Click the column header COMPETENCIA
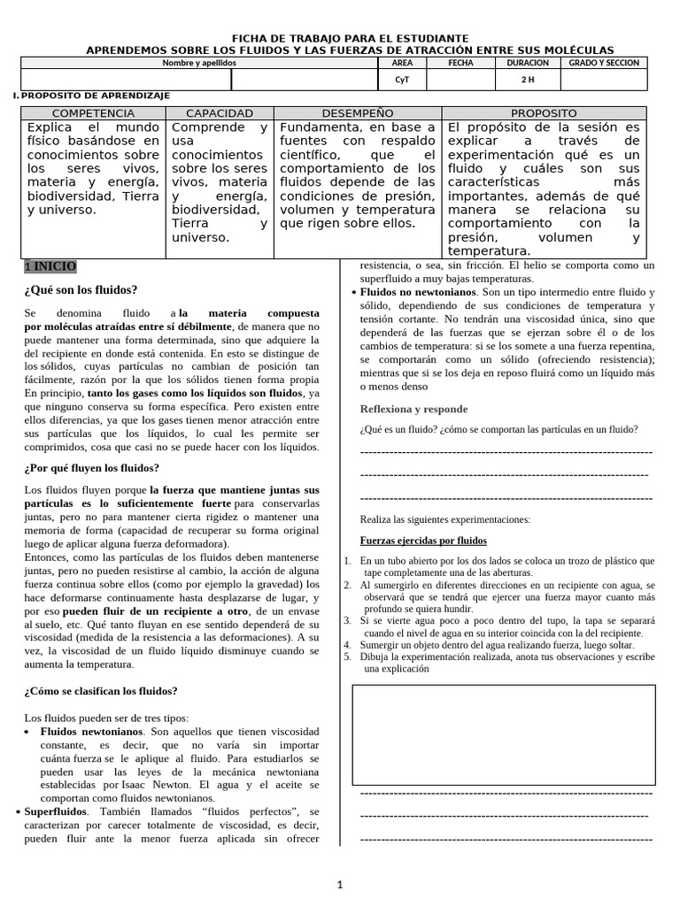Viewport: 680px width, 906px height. coord(94,113)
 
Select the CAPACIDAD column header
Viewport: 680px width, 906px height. coord(220,113)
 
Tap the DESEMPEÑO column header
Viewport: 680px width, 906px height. coord(358,113)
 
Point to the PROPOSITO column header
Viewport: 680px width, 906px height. coord(544,113)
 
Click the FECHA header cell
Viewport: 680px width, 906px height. coord(460,64)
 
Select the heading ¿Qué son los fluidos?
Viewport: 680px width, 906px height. coord(81,289)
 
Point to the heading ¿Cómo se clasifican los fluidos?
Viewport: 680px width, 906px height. coord(101,691)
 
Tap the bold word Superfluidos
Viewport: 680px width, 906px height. coord(55,810)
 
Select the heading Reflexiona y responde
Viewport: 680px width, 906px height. coord(413,409)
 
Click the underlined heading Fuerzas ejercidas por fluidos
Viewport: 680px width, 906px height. coord(423,541)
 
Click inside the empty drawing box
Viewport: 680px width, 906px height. coord(504,734)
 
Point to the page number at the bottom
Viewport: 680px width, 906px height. coord(340,884)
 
